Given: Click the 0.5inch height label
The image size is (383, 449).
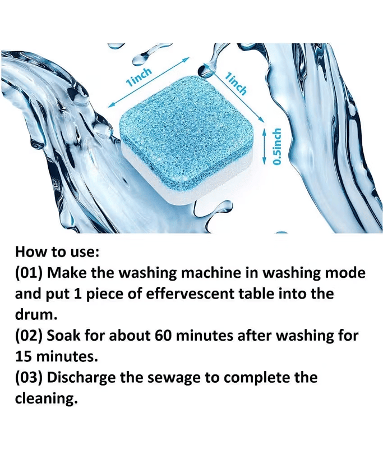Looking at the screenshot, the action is click(x=276, y=146).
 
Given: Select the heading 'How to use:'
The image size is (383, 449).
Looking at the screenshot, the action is click(x=57, y=251).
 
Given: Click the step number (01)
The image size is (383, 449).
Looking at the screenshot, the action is click(x=29, y=273).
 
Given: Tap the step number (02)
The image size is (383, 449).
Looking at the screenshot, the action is click(x=29, y=336).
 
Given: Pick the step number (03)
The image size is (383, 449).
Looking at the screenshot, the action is click(x=29, y=377).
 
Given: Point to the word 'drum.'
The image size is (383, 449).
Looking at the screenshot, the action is click(x=36, y=315).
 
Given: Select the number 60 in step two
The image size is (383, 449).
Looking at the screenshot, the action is click(x=163, y=336).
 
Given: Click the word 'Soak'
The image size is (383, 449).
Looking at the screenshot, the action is click(x=64, y=336).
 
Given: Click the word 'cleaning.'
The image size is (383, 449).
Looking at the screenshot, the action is click(x=47, y=399).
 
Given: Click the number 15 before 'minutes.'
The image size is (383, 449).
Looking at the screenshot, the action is click(x=24, y=357).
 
